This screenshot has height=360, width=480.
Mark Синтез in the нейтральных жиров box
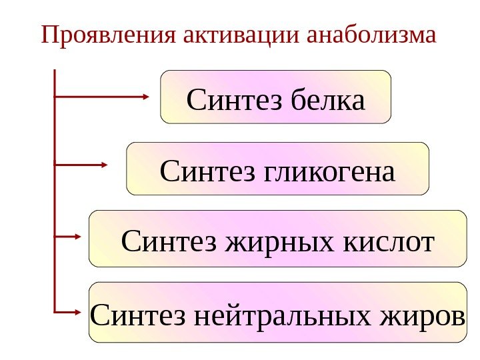[x=138, y=315]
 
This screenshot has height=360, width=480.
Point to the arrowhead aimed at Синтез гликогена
[x=105, y=164]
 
